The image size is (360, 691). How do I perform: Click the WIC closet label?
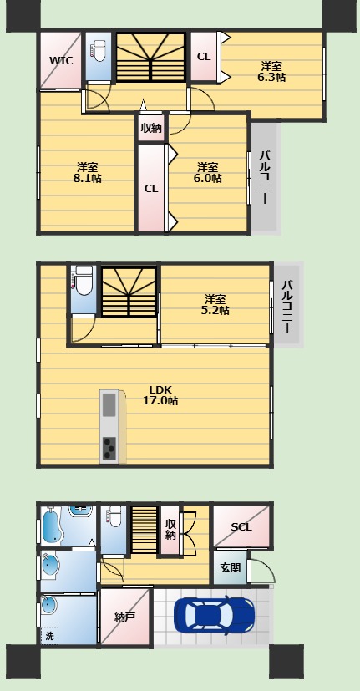61,60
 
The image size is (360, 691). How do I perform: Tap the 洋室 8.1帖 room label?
87,173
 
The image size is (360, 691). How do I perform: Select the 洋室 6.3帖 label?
271,72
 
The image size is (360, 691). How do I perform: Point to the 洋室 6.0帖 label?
207,173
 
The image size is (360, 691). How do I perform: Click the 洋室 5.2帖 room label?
215,304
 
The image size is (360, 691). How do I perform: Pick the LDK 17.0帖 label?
160,395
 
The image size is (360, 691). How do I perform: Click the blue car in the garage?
214,616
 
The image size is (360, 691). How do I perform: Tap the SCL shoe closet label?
241,526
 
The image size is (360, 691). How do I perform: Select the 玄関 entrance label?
231,567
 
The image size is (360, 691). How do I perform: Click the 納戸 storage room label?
124,617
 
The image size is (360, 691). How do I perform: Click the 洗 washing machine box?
50,636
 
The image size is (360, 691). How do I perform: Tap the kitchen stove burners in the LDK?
109,449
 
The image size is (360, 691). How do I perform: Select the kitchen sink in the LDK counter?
109,404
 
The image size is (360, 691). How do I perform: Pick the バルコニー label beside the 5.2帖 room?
286,306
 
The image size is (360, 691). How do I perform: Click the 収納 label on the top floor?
151,128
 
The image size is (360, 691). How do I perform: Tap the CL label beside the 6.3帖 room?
204,57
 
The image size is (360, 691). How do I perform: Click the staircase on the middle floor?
129,291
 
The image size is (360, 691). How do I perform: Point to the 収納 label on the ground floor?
170,529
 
